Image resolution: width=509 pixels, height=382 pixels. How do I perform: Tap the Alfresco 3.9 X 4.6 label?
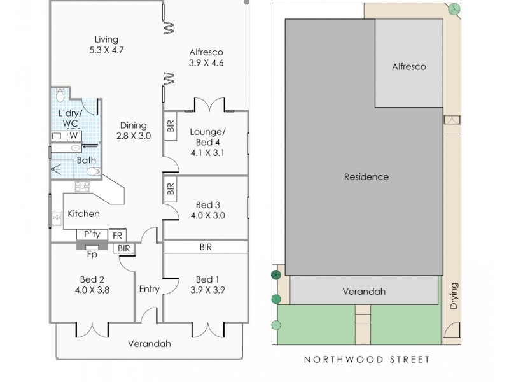pos(206,57)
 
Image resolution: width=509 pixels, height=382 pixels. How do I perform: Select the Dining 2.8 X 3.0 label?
pos(133,131)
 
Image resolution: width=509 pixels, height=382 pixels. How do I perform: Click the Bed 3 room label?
pos(207,210)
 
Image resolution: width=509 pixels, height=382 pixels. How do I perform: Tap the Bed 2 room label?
pos(93,285)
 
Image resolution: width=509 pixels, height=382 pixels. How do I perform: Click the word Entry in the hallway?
pos(149,290)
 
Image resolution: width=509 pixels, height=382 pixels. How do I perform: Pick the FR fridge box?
pos(117,235)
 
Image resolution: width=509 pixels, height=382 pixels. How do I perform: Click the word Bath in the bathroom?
pos(87,160)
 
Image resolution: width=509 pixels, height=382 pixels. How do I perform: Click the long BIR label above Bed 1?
pos(206,247)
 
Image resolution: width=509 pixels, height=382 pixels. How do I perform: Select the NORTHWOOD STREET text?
pos(366,360)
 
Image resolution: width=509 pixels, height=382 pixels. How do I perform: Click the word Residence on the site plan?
pos(366,177)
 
